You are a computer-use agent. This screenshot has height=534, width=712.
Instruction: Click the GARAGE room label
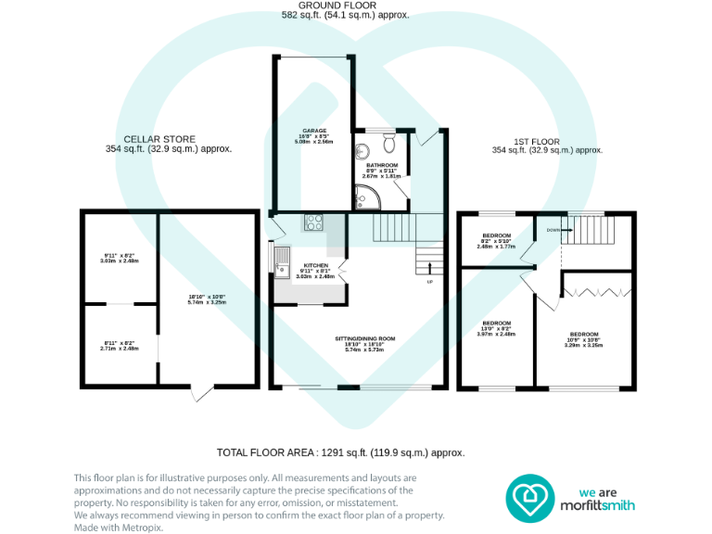(x=314, y=131)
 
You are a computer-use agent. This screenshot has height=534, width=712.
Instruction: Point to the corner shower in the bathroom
(x=365, y=195)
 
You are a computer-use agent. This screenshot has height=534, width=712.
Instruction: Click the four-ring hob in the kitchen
(x=314, y=222)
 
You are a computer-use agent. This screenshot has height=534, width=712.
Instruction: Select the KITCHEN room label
(x=314, y=265)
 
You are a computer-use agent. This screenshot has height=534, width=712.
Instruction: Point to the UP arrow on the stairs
(x=429, y=270)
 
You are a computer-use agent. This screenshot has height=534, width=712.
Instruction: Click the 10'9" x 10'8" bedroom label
(x=584, y=339)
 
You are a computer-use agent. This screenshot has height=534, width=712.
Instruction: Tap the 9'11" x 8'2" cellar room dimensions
(x=119, y=258)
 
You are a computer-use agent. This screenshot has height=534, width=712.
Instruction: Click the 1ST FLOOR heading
(x=547, y=143)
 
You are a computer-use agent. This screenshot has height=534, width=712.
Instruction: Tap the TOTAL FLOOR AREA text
(x=340, y=452)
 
